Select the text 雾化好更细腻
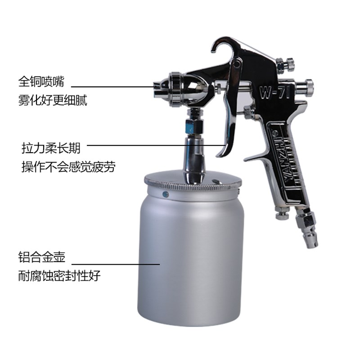(53, 100)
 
